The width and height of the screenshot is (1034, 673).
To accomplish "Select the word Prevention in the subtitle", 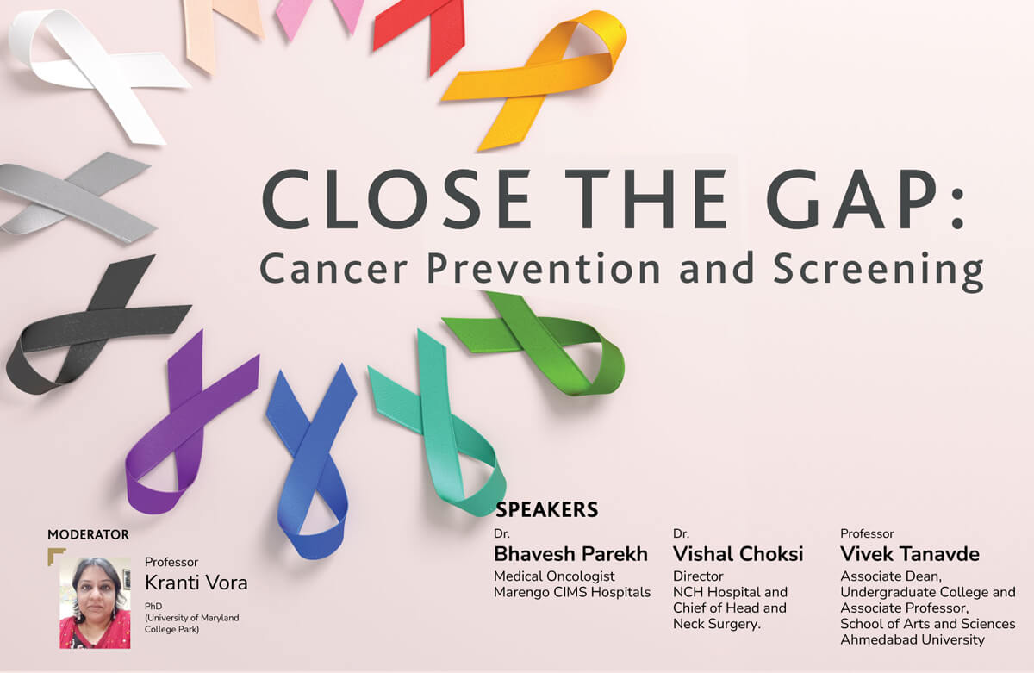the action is pos(544,268).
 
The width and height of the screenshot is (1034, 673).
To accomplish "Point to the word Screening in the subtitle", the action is pos(878,271).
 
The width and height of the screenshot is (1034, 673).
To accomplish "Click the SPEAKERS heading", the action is pos(546,509).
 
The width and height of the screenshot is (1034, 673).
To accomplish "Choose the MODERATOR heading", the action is pos(88,534).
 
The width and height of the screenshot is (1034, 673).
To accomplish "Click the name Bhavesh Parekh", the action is pos(570,554).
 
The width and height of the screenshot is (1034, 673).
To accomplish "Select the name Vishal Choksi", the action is pos(738,554).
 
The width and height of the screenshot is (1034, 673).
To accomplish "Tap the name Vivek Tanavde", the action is pos(910,554).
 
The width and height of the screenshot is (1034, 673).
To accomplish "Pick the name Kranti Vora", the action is pos(196,583).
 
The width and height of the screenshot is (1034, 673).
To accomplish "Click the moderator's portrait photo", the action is pos(95,603).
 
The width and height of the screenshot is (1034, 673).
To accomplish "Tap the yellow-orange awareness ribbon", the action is pos(531,78).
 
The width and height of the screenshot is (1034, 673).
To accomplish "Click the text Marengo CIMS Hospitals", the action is pos(572,592).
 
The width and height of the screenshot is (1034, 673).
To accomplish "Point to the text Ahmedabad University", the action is pos(913,639).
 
